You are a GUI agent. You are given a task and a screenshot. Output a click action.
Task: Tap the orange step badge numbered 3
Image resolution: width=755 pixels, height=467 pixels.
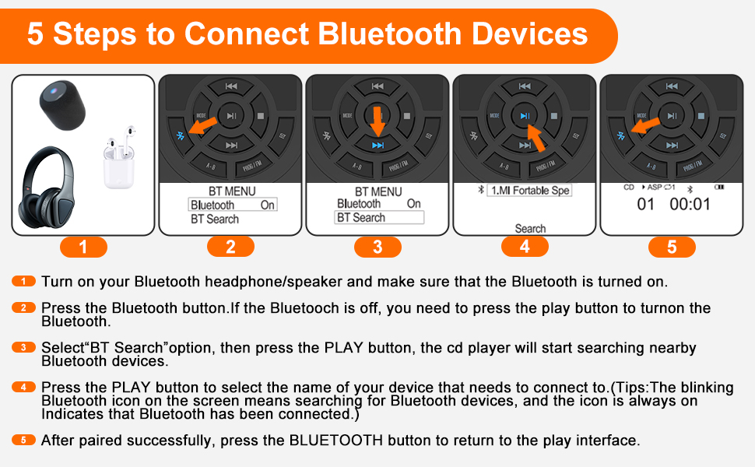tap(377, 248)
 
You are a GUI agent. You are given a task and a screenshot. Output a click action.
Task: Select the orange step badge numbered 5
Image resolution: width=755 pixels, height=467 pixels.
tap(671, 248)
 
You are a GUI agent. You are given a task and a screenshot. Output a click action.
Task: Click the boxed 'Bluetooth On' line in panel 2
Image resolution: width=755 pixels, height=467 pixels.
tap(233, 205)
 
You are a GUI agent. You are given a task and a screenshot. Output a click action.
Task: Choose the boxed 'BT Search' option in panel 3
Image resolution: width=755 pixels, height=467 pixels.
tap(379, 218)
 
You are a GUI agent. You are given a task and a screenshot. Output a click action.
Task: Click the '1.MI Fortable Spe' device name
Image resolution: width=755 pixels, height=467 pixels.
tap(529, 191)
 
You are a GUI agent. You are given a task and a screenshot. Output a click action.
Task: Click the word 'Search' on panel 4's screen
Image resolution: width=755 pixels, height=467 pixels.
tap(530, 229)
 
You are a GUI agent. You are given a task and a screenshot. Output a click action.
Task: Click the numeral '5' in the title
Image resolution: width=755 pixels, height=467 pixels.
tap(36, 34)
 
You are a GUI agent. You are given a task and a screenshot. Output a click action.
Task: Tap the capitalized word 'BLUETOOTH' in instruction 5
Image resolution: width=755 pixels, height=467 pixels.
tap(335, 441)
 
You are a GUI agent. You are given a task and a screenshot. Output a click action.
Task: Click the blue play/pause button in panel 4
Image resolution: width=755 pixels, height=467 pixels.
tap(525, 116)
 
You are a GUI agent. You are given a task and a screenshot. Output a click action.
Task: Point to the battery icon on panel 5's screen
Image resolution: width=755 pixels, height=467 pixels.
tap(719, 188)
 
